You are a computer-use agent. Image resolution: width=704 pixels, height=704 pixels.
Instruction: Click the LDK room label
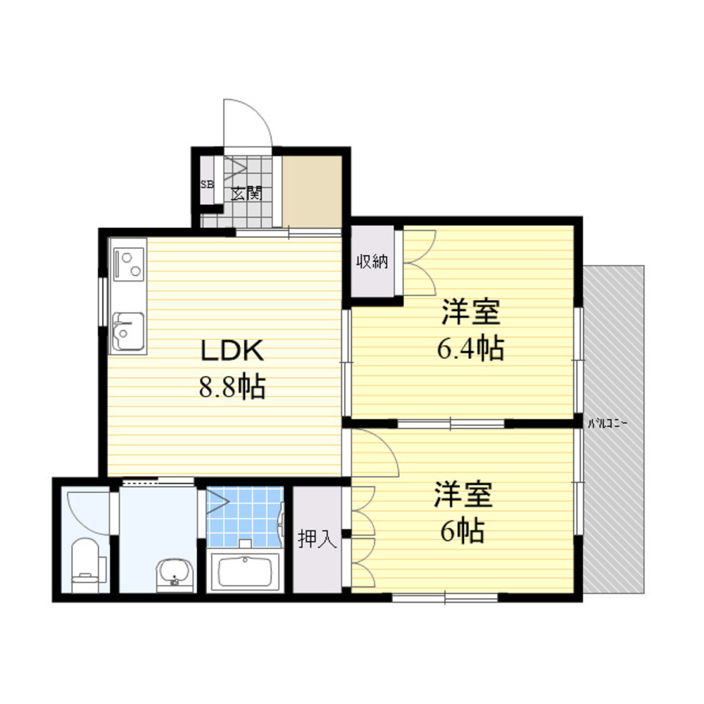[x=232, y=350]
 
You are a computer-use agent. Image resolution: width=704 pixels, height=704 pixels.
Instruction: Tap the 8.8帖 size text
[x=232, y=386]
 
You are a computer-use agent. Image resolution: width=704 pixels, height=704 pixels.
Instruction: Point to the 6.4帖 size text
[x=470, y=348]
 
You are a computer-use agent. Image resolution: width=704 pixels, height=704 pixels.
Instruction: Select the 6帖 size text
[x=463, y=531]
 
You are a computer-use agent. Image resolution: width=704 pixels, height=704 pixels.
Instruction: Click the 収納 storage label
[x=372, y=261]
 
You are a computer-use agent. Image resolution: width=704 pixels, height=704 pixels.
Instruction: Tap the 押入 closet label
[x=317, y=539]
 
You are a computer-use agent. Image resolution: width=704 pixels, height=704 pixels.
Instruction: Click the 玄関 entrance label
[x=246, y=194]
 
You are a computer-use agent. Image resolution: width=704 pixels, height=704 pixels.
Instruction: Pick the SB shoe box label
[x=207, y=184]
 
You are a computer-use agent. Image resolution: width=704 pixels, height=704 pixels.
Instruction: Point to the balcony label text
[x=607, y=423]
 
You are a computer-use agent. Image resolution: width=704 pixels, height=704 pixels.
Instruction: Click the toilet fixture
[x=85, y=565]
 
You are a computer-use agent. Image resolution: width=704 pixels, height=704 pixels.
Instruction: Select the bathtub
[x=245, y=571]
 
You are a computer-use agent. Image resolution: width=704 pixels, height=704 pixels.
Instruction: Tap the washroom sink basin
[x=175, y=574]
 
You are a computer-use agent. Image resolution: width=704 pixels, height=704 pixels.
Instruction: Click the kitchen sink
[x=128, y=331]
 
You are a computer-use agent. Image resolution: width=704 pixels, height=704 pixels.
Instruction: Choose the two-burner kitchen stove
[x=128, y=265]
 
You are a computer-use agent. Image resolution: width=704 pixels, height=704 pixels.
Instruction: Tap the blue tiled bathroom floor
[x=245, y=516]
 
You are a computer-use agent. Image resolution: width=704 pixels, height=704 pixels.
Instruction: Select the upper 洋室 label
[x=470, y=312]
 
